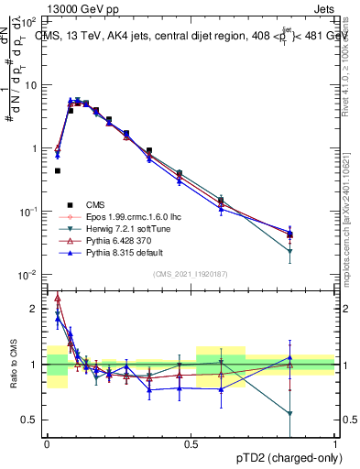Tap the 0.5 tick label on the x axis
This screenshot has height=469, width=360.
coord(191,442)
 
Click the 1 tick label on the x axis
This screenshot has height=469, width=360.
coord(335,442)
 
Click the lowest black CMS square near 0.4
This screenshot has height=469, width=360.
coord(57,170)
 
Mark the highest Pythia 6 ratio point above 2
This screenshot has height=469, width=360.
coord(57,297)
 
